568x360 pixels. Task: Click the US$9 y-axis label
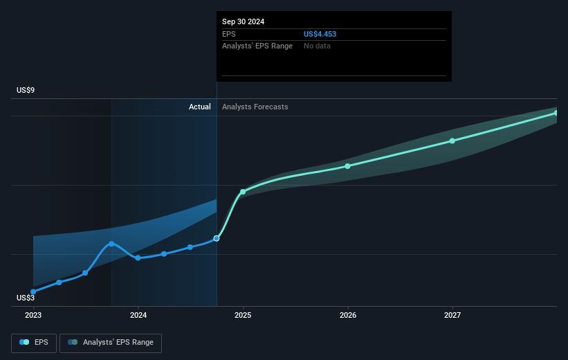26,90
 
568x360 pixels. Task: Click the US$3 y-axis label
26,298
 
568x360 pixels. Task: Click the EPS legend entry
34,342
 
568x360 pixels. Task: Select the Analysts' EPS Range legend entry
111,342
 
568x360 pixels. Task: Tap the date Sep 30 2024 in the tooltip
243,21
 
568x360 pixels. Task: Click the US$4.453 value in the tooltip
320,34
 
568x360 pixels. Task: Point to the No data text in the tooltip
317,46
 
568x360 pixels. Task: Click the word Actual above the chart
200,107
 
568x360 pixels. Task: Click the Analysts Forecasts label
255,107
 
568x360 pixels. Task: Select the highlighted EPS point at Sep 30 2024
217,238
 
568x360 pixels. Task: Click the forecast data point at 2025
243,192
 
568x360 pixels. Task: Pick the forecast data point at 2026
348,165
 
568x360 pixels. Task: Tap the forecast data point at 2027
452,141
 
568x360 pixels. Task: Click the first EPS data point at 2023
33,291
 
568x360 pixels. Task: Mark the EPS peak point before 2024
111,243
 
